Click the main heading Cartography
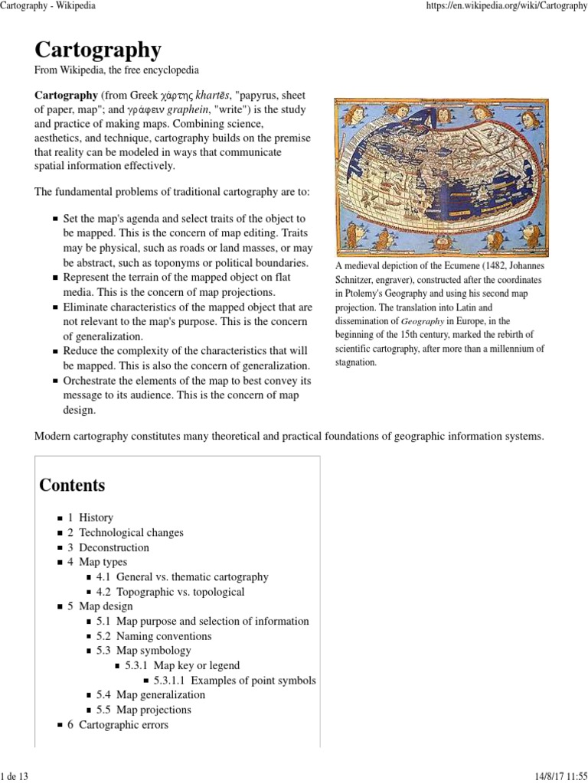pyautogui.click(x=98, y=50)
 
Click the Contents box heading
pyautogui.click(x=72, y=485)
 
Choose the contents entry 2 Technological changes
pyautogui.click(x=125, y=532)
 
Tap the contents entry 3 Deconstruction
pyautogui.click(x=108, y=547)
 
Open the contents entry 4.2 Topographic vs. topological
pyautogui.click(x=171, y=592)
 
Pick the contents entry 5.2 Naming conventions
pyautogui.click(x=154, y=636)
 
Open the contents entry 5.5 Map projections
pyautogui.click(x=144, y=710)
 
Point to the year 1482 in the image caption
pyautogui.click(x=492, y=267)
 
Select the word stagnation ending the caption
pyautogui.click(x=356, y=362)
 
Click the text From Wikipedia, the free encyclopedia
pyautogui.click(x=116, y=70)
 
